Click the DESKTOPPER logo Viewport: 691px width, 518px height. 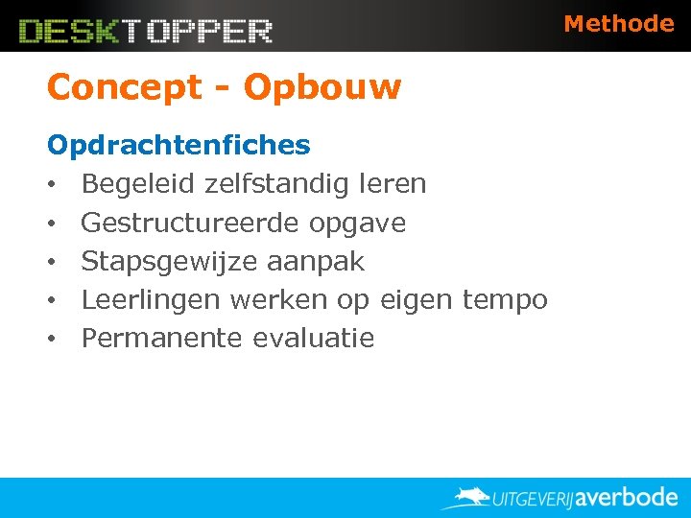[x=146, y=31]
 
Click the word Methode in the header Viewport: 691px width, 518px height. [x=618, y=23]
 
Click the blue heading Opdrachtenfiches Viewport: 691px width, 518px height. [x=179, y=146]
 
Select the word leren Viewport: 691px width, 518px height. [x=393, y=184]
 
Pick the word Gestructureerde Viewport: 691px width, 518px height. [x=191, y=223]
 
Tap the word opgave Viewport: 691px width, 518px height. [x=357, y=224]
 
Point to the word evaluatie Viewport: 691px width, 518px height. [x=314, y=338]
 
